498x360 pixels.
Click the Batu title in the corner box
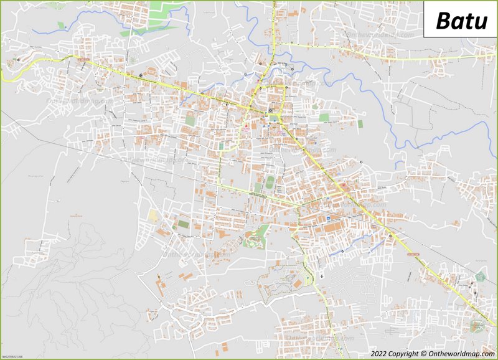461,20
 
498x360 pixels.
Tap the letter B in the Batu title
443,20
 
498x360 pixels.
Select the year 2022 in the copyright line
379,354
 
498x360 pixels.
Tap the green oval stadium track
269,183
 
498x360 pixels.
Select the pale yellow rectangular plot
153,216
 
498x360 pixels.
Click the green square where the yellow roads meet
275,117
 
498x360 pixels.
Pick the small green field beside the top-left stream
61,25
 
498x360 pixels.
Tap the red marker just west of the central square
247,129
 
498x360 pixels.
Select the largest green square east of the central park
324,117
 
